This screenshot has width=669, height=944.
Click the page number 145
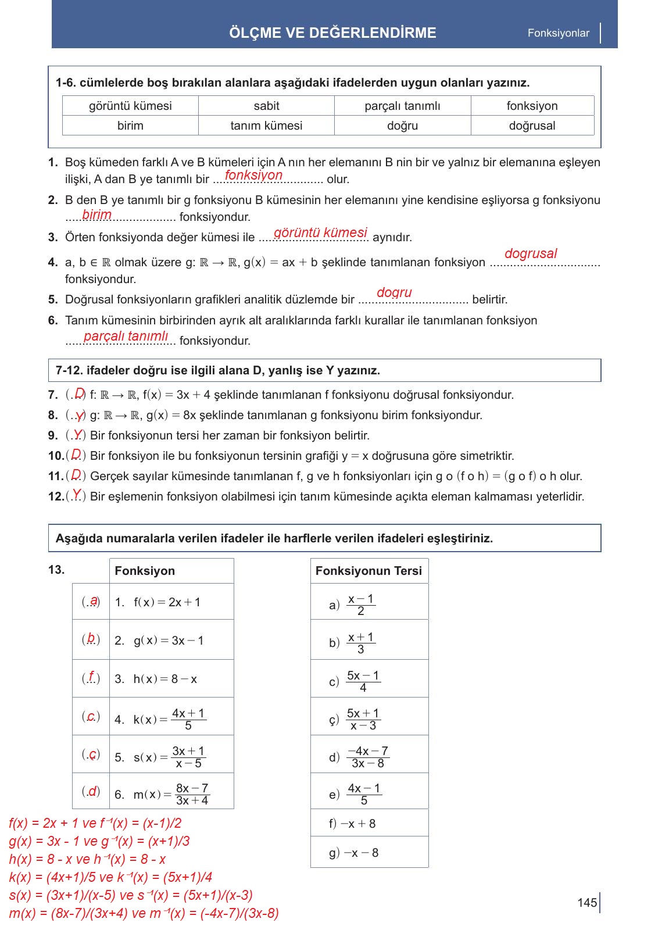click(587, 902)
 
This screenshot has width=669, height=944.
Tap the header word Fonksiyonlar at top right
click(558, 33)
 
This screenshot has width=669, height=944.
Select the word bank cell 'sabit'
click(266, 106)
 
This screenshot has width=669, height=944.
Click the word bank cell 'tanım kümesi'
click(266, 126)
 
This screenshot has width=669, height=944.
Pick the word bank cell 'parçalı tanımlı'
click(402, 106)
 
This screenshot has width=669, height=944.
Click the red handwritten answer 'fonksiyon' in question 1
click(253, 175)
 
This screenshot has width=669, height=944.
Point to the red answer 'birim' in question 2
click(96, 214)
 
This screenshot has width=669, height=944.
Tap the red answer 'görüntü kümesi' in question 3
click(320, 233)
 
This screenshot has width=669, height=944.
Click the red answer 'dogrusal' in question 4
click(530, 253)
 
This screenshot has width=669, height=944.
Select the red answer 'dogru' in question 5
click(394, 292)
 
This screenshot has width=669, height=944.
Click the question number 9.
click(53, 435)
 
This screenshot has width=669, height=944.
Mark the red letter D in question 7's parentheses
click(80, 394)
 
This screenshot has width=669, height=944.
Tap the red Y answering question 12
click(76, 495)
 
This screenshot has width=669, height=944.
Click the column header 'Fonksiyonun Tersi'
click(369, 571)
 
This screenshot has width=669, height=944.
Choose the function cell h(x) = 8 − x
click(165, 679)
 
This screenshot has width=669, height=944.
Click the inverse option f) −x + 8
click(352, 824)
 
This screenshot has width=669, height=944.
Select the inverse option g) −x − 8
click(353, 853)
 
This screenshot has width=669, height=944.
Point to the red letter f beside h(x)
click(91, 677)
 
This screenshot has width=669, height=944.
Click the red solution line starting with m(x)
click(144, 913)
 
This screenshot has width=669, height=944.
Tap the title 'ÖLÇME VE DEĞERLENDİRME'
click(332, 33)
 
